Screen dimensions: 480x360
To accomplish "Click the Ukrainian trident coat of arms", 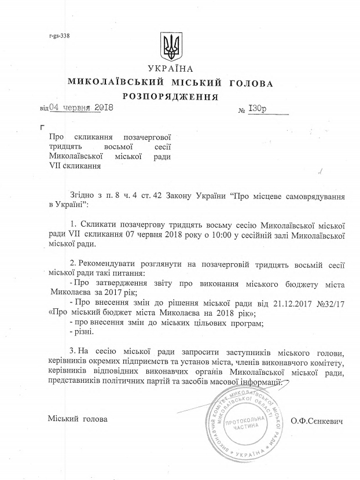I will [x=171, y=46].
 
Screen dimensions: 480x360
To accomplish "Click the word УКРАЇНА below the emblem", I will [x=171, y=69].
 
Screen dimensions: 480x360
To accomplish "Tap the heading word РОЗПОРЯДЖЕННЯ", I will [x=170, y=96].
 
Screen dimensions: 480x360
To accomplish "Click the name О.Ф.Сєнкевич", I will [x=318, y=421].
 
